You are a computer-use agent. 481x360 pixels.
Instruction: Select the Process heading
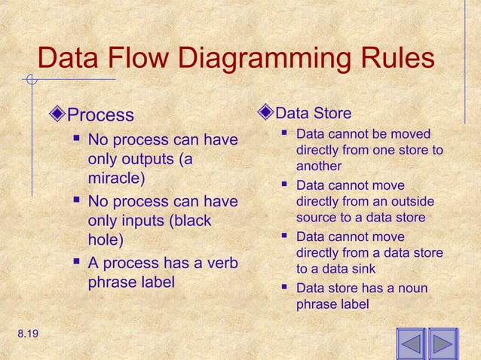[x=100, y=115]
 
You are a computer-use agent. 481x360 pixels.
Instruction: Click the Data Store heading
[x=313, y=114]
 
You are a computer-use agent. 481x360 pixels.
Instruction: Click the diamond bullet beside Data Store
[x=264, y=113]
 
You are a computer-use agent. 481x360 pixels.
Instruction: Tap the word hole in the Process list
[x=105, y=241]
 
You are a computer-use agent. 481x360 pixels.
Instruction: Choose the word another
[x=319, y=166]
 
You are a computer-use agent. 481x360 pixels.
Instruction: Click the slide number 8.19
[x=23, y=331]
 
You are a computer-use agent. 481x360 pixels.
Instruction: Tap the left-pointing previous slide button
[x=411, y=345]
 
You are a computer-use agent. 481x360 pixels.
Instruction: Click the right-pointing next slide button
[x=443, y=345]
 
